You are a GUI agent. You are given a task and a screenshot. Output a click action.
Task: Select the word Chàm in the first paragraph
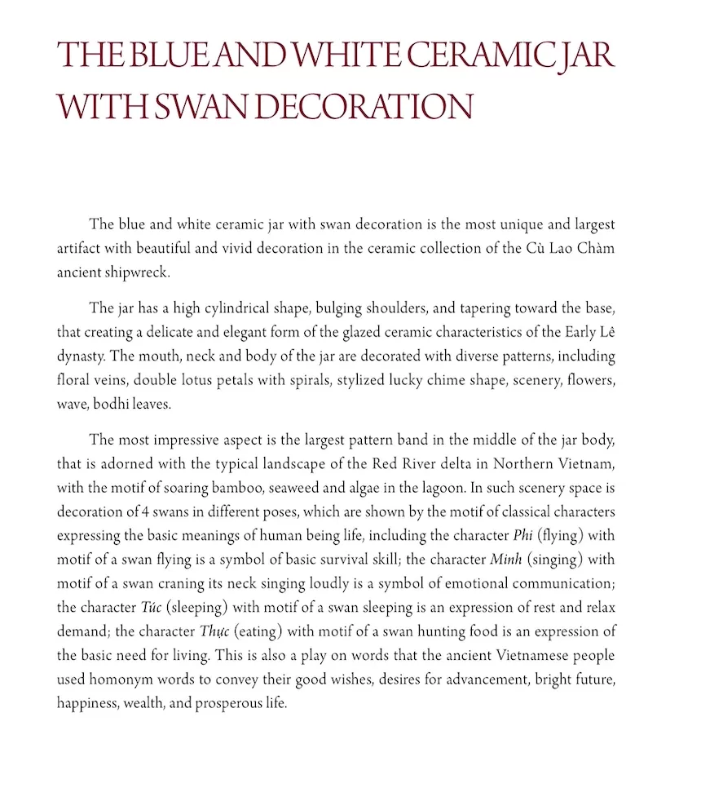click(595, 248)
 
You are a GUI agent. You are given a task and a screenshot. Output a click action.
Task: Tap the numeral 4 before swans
click(142, 512)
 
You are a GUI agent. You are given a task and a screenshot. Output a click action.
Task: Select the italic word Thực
click(214, 631)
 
